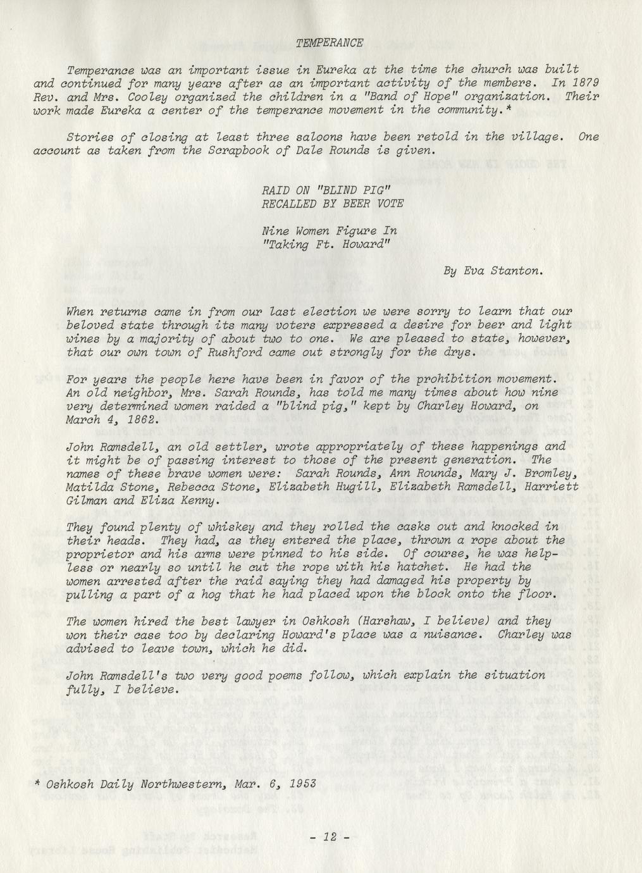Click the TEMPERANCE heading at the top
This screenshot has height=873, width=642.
(330, 43)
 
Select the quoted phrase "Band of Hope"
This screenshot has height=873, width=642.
(395, 97)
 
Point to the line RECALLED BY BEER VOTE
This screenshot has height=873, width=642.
(332, 204)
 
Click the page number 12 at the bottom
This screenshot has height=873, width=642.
(330, 836)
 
